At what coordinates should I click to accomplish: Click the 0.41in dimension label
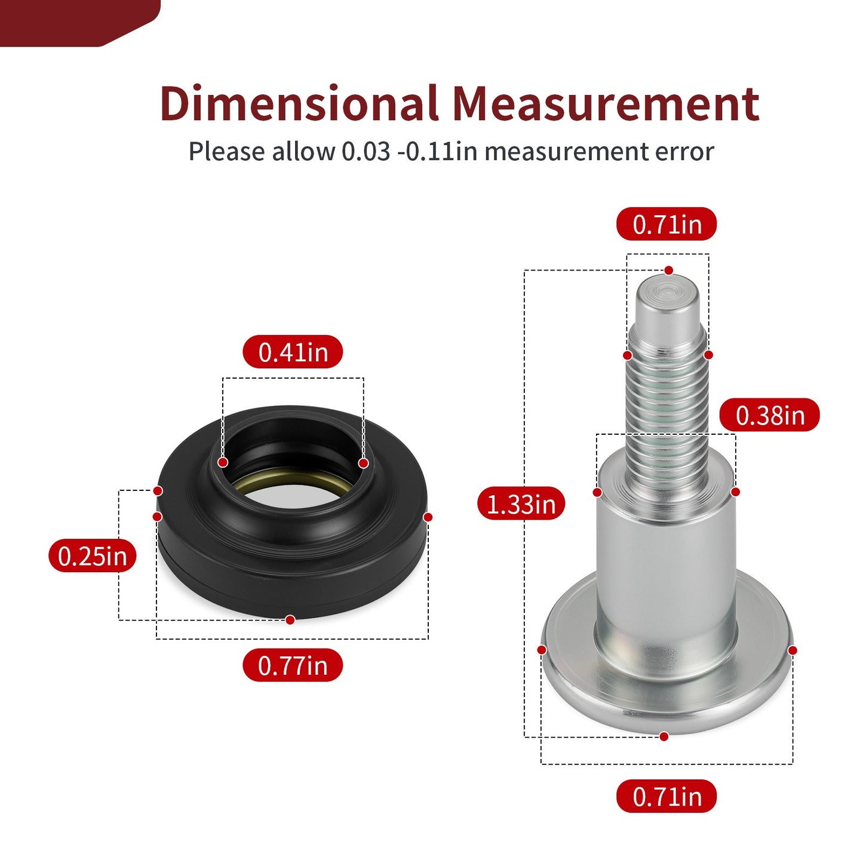pyautogui.click(x=293, y=352)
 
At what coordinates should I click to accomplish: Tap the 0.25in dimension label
pyautogui.click(x=92, y=555)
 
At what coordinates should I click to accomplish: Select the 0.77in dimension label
pyautogui.click(x=293, y=665)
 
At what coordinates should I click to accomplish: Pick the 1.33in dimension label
pyautogui.click(x=521, y=503)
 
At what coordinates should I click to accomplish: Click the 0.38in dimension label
pyautogui.click(x=769, y=414)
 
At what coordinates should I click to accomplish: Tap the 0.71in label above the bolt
pyautogui.click(x=667, y=223)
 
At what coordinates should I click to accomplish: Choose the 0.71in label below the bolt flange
pyautogui.click(x=667, y=796)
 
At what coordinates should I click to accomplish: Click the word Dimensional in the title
pyautogui.click(x=299, y=103)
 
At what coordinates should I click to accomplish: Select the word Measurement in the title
pyautogui.click(x=606, y=105)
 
